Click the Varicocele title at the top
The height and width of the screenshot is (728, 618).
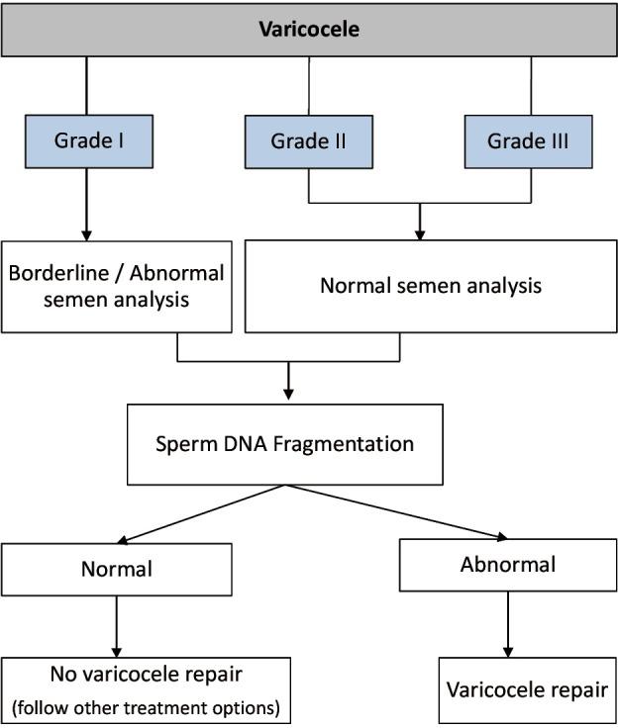point(308,28)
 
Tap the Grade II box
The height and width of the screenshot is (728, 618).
point(308,140)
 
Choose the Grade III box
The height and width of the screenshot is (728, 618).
point(529,140)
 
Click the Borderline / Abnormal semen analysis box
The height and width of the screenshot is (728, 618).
point(117,286)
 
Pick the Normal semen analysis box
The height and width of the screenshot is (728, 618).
point(430,286)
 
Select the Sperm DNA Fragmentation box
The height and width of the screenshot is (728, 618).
point(284,443)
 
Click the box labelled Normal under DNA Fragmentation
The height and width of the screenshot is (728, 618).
point(116,569)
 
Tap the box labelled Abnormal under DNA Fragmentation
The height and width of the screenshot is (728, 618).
point(507,565)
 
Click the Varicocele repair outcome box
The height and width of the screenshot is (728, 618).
point(527,688)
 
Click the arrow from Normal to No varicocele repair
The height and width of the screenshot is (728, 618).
point(117,623)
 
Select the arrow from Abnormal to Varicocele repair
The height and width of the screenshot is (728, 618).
point(508,624)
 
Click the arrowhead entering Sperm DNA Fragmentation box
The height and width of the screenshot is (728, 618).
point(288,393)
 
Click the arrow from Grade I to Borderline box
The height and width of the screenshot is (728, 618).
point(87,203)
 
